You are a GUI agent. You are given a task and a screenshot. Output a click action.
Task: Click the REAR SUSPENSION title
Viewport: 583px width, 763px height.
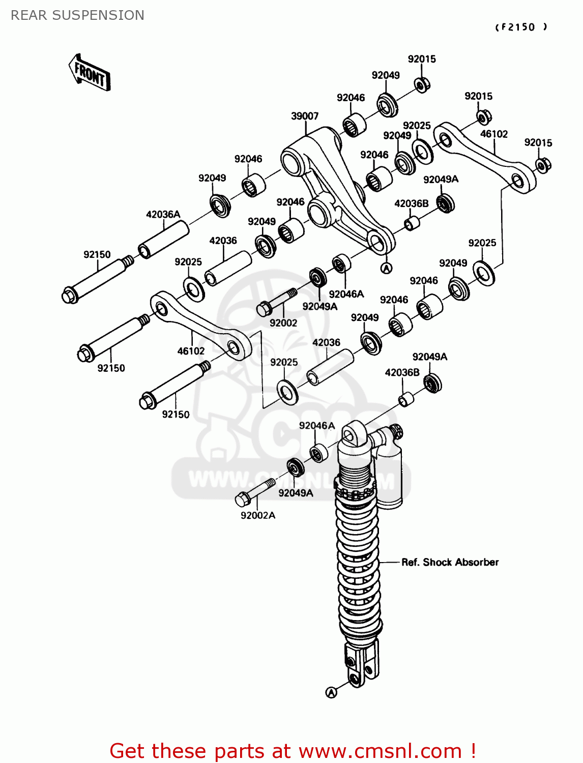[77, 15]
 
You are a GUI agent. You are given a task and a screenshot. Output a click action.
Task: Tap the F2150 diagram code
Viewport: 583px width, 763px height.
[521, 27]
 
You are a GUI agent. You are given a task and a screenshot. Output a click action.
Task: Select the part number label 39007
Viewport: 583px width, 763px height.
[305, 116]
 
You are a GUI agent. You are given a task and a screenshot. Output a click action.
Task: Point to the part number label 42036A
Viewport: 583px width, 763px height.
[163, 214]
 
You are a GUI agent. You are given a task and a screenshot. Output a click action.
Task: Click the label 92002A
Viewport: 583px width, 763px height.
[258, 515]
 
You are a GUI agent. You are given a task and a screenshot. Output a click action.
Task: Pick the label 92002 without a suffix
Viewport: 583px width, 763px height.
[283, 323]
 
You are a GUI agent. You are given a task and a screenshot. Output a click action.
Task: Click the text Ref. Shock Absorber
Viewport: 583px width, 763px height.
[450, 562]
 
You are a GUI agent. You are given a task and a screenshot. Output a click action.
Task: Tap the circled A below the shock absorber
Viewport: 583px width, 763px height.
[331, 692]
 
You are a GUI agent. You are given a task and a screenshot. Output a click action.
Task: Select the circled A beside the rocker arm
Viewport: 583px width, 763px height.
[387, 268]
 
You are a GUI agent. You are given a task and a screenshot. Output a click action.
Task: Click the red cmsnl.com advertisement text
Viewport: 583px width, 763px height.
[293, 751]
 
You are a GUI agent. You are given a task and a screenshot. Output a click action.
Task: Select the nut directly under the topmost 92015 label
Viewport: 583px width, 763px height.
[422, 84]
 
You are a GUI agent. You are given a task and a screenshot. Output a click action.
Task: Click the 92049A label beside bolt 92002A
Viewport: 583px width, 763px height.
[296, 493]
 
